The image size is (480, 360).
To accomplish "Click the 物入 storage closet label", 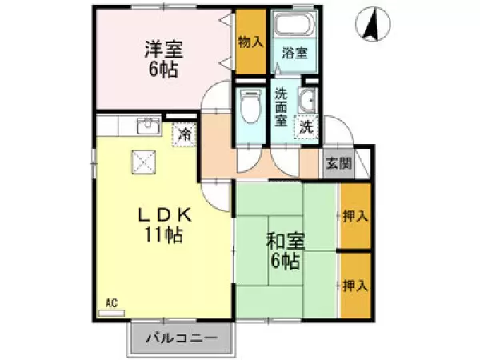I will point(250,42).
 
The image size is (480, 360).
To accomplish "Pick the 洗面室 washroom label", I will point(282,106).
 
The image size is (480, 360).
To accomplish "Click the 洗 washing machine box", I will point(306,126).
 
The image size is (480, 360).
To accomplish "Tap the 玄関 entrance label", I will point(338,163).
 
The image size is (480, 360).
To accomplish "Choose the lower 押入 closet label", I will point(354,284).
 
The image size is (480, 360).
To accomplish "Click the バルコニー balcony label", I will point(181,338).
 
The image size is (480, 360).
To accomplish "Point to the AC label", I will point(111,303).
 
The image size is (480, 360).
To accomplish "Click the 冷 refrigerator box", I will point(185,134).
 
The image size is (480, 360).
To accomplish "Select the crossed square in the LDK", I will point(145,162).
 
